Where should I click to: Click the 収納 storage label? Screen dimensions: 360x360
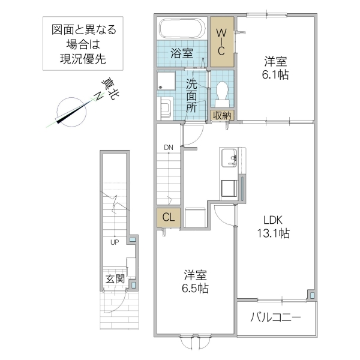221,115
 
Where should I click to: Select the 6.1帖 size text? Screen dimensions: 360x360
275,75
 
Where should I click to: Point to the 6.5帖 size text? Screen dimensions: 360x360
195,289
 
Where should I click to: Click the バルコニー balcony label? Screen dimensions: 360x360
275,318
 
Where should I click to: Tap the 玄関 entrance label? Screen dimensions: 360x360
115,278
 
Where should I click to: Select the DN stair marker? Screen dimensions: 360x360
168,146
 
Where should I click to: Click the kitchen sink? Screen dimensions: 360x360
229,160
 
